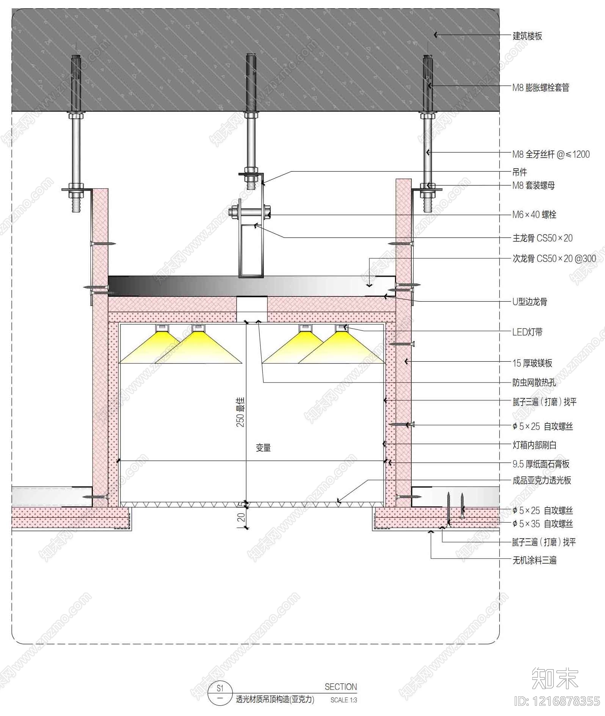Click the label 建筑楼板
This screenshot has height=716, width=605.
(527, 36)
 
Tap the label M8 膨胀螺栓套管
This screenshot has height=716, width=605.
(541, 88)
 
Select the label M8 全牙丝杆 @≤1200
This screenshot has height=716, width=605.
(551, 154)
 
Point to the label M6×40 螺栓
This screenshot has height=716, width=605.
(534, 215)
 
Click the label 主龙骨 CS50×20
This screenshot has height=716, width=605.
(542, 238)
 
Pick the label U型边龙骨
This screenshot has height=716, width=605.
(530, 302)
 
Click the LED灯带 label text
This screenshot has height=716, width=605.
(527, 332)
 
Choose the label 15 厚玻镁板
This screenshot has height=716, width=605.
(532, 363)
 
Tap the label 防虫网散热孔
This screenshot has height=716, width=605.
(534, 382)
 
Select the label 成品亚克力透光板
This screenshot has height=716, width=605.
(542, 480)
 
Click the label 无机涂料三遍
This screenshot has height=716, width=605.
(534, 560)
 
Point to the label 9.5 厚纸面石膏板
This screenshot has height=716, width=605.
(541, 464)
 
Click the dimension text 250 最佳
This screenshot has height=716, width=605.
(241, 412)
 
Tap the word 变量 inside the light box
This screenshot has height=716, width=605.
(263, 448)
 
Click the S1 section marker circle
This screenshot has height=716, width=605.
(220, 694)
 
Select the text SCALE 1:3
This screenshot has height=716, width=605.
(343, 700)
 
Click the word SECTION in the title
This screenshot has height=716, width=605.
(341, 687)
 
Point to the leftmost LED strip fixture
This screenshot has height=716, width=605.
(162, 328)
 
